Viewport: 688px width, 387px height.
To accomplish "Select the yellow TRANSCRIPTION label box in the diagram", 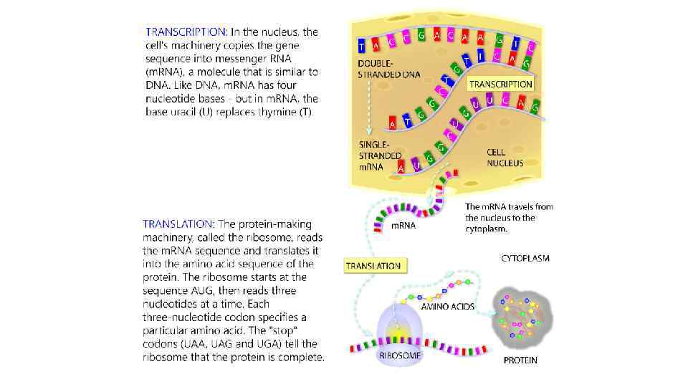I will pyautogui.click(x=501, y=85).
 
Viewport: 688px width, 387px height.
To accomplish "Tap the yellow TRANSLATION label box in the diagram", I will pyautogui.click(x=373, y=266).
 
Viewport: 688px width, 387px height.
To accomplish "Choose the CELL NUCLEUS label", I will pyautogui.click(x=505, y=158).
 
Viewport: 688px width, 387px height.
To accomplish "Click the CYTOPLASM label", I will pyautogui.click(x=525, y=258).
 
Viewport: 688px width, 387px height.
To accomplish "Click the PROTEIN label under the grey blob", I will pyautogui.click(x=520, y=360).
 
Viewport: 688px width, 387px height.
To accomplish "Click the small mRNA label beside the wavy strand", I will pyautogui.click(x=403, y=226).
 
